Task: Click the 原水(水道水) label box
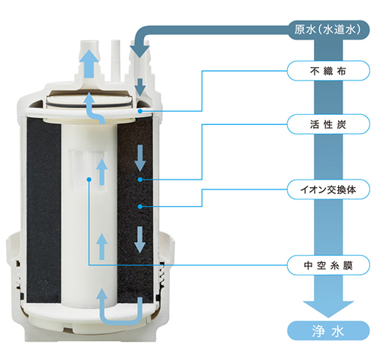point(328,30)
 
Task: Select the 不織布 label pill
point(328,71)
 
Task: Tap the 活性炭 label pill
point(328,124)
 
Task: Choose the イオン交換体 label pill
point(328,190)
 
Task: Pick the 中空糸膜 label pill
point(328,266)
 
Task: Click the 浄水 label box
point(328,331)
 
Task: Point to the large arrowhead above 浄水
point(328,309)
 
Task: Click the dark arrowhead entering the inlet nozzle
point(139,52)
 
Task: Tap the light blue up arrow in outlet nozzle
point(88,64)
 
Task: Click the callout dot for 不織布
point(140,111)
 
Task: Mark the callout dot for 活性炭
point(140,180)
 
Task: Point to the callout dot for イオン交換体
point(140,206)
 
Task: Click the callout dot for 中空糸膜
point(88,180)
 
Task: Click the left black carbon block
point(43,210)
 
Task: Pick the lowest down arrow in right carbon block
point(139,240)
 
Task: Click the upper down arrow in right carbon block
point(139,158)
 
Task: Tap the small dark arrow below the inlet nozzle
point(140,88)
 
